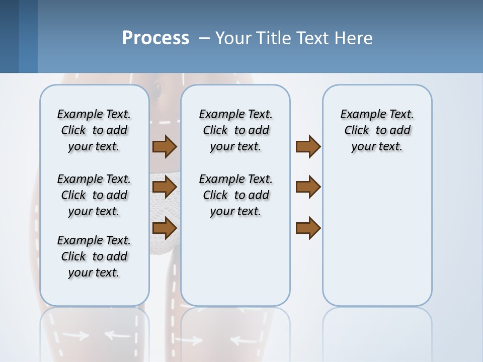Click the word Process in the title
click(x=155, y=38)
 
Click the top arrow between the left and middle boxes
click(x=165, y=146)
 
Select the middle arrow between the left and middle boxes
click(x=165, y=188)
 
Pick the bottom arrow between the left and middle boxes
click(x=165, y=228)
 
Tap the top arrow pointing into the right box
click(x=308, y=146)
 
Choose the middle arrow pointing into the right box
click(x=308, y=188)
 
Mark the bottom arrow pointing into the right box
click(x=308, y=228)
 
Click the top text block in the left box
click(x=94, y=130)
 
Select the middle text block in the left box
click(x=94, y=195)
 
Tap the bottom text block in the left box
click(x=94, y=256)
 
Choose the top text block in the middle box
click(x=235, y=130)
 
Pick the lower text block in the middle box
click(x=235, y=195)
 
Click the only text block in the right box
click(x=377, y=130)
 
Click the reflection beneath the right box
click(x=377, y=332)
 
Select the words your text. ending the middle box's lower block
click(x=235, y=211)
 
